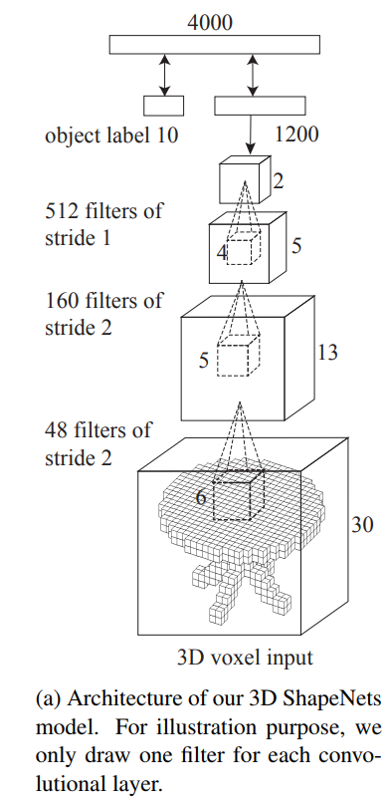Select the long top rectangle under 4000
(x=214, y=44)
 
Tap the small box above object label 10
(x=164, y=105)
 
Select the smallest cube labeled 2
(x=245, y=178)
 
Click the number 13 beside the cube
(x=327, y=353)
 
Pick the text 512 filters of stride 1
(x=103, y=225)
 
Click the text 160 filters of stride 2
(x=103, y=313)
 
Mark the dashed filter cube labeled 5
(x=239, y=356)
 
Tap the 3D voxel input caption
(x=244, y=657)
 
